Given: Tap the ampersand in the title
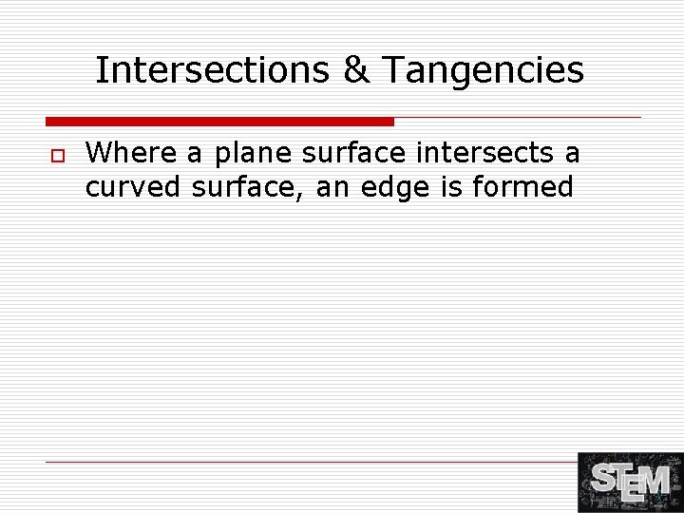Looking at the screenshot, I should click(356, 70).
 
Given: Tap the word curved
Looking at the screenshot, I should click(133, 187).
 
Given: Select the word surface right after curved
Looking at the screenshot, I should click(248, 187).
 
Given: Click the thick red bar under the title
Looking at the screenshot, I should click(219, 122).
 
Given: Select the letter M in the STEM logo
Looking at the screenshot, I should click(655, 483).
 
